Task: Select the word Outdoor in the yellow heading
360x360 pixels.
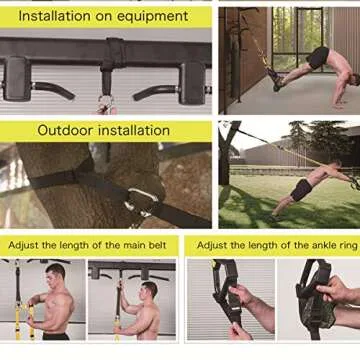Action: (66, 130)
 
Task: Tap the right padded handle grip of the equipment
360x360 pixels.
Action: (192, 80)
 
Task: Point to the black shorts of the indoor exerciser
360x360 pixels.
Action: (319, 58)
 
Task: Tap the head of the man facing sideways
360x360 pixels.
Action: (149, 294)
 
